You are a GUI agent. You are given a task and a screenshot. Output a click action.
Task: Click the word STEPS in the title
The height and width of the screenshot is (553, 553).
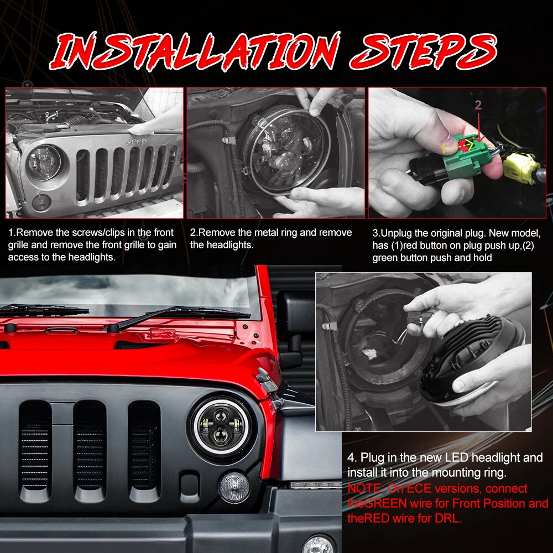coord(423,51)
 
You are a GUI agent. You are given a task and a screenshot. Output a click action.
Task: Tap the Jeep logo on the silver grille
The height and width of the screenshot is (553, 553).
coord(136,142)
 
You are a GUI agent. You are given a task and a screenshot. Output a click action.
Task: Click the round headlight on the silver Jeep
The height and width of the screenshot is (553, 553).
coord(44,162)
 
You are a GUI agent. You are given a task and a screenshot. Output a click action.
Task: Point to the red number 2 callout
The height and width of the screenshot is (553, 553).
coord(478,105)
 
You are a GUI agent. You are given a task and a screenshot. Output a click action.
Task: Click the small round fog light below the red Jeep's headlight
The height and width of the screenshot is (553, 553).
coord(234,488)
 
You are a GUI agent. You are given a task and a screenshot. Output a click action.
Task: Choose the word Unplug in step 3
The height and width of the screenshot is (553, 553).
coord(397,233)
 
